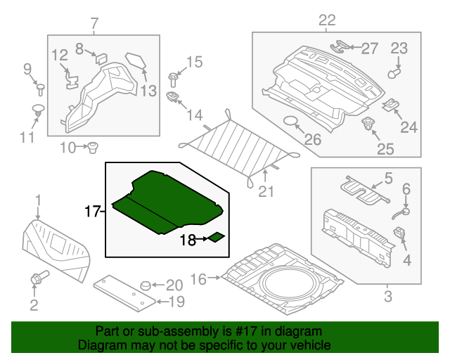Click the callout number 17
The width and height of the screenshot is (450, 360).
coord(93,210)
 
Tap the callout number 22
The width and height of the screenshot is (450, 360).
coord(327,20)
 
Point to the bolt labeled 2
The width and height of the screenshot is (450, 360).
coord(35,279)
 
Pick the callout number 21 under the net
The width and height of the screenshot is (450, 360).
coord(265,192)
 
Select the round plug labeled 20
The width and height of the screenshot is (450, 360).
coord(146,285)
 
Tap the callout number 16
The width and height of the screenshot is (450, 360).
coord(199,279)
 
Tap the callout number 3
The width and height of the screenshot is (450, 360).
coord(387,296)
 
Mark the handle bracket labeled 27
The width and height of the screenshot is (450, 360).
coord(342,46)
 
